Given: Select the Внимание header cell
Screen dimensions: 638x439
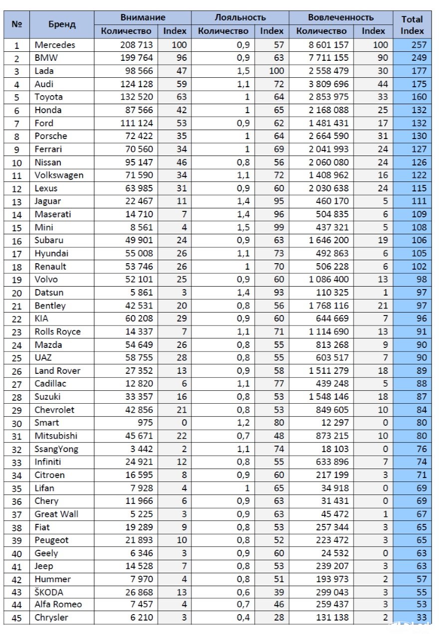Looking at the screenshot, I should coord(143,17).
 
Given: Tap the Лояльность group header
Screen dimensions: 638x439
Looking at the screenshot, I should coord(240,17).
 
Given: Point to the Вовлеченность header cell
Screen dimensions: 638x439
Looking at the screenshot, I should coord(341,17).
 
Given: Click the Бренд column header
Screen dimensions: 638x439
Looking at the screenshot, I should coord(62,24).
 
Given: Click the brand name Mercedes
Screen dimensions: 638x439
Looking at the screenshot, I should coord(55,45).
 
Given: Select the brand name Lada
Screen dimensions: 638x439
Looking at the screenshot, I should coord(44,71).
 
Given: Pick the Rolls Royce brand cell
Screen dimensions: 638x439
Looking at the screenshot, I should coord(57,331).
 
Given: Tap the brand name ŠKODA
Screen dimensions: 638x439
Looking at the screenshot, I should coord(49,592).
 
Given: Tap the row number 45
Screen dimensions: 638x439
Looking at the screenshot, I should coord(16,618).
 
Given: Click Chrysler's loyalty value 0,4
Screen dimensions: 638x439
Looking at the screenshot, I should coord(242,618).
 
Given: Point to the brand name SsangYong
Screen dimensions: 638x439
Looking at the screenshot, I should coord(56,449).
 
